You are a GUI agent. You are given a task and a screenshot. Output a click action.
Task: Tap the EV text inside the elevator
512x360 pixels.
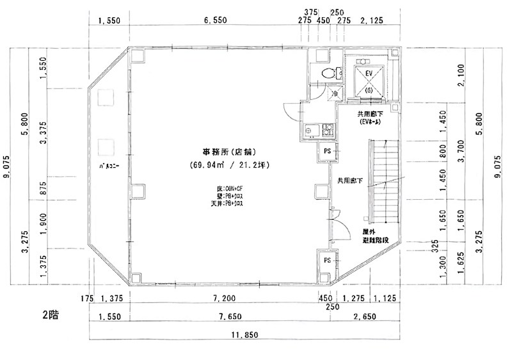369,74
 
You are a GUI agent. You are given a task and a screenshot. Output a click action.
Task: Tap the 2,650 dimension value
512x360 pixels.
364,316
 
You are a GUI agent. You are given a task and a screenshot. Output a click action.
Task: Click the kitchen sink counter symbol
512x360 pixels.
317,131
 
